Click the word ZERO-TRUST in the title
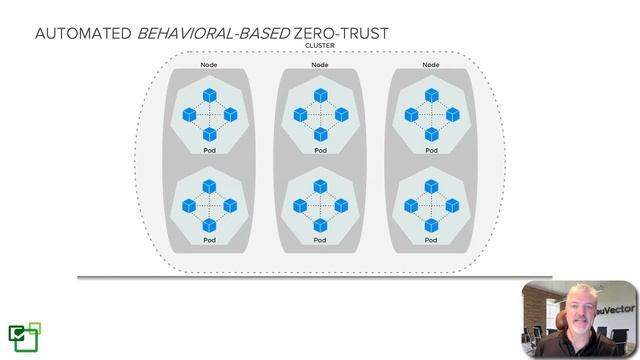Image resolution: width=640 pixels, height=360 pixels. point(339,34)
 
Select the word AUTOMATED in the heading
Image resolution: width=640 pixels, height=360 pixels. point(83,34)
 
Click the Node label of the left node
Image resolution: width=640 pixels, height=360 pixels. point(209,65)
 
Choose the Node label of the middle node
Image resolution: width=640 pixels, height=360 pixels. point(320,65)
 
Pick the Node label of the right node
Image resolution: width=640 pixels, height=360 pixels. point(431,65)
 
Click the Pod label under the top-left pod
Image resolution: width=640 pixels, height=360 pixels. point(209,150)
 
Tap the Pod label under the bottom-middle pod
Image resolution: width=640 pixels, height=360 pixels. point(320,240)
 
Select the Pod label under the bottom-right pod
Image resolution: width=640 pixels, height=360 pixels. point(431,240)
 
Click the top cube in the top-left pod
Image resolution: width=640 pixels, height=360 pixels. point(209,95)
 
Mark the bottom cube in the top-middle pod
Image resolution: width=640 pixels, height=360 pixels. point(320,133)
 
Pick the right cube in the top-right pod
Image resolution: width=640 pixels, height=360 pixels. point(452,115)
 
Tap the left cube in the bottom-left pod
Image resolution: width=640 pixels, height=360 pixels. point(188,205)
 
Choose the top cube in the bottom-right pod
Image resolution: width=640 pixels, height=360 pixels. point(431,186)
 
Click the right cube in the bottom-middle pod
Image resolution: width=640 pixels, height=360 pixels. point(341,205)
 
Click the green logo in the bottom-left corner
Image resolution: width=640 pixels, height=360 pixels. point(24,336)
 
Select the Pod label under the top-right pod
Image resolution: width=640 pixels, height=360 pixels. point(431,150)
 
